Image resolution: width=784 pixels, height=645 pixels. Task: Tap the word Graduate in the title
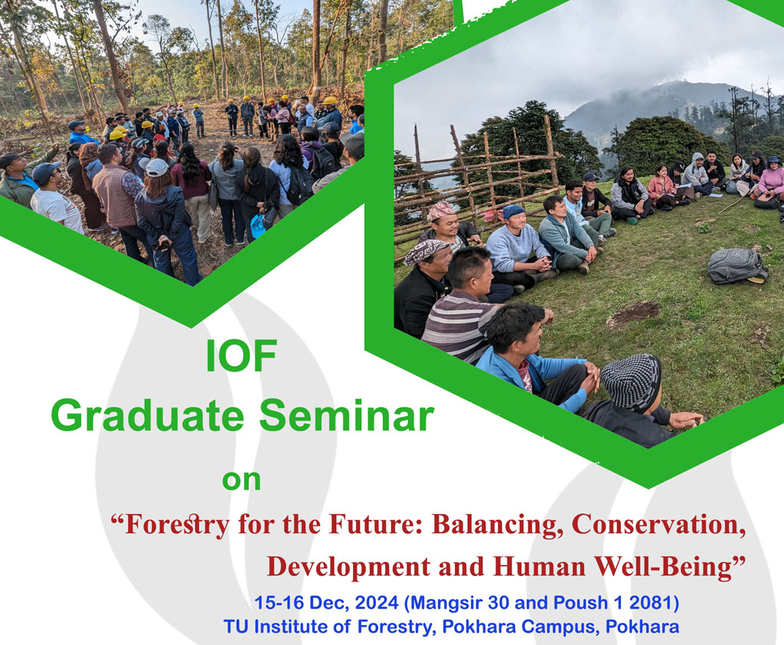click(148, 416)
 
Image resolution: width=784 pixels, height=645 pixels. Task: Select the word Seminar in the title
click(347, 416)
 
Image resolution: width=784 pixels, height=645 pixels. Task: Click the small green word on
click(241, 480)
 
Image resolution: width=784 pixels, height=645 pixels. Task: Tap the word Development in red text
click(348, 567)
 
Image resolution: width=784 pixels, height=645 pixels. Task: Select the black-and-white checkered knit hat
click(631, 382)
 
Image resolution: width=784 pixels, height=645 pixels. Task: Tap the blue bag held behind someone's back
click(257, 226)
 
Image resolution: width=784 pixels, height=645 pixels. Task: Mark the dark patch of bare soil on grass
click(632, 315)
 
